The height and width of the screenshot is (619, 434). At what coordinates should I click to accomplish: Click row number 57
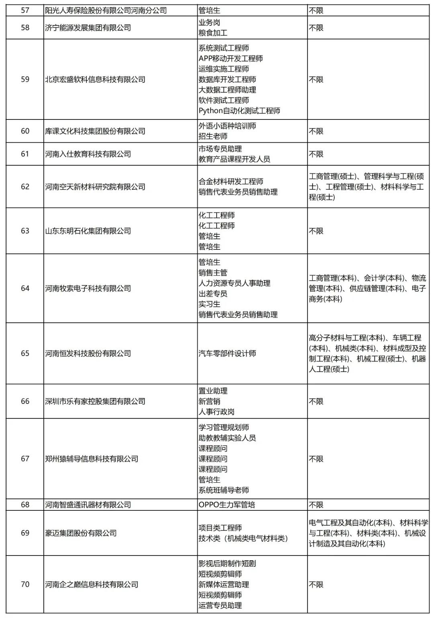tap(25, 10)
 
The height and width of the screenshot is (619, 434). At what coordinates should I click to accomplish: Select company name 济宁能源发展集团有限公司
tap(88, 28)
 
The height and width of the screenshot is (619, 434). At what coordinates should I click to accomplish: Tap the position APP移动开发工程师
tap(231, 59)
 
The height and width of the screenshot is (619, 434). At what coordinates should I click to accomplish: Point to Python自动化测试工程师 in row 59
tap(240, 111)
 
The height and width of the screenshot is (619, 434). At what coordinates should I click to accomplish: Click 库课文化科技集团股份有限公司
tap(95, 131)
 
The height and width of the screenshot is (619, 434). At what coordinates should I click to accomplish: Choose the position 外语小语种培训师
tap(227, 126)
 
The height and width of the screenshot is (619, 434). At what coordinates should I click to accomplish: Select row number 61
tap(25, 154)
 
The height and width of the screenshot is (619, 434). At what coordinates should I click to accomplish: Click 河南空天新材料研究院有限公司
tap(95, 187)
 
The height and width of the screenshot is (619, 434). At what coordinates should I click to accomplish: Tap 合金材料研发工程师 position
tap(231, 182)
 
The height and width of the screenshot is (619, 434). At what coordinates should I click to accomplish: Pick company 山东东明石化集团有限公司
tap(88, 231)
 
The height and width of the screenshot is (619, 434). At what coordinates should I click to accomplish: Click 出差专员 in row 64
tap(213, 294)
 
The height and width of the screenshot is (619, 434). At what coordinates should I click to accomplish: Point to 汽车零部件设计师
tap(227, 354)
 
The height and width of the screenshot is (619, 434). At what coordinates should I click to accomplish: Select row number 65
tap(25, 354)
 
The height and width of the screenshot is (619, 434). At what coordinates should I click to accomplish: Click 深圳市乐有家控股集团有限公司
tap(95, 401)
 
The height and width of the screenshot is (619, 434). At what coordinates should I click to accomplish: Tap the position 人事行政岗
tap(217, 412)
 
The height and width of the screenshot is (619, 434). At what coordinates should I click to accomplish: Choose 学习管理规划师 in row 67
tap(224, 428)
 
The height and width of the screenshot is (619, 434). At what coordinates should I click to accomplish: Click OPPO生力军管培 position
tap(227, 505)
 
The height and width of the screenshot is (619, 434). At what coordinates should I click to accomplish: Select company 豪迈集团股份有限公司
tap(81, 533)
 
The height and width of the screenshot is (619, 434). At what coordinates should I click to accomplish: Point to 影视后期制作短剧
tap(227, 564)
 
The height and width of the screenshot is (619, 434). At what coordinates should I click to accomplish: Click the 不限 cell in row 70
tap(316, 585)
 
